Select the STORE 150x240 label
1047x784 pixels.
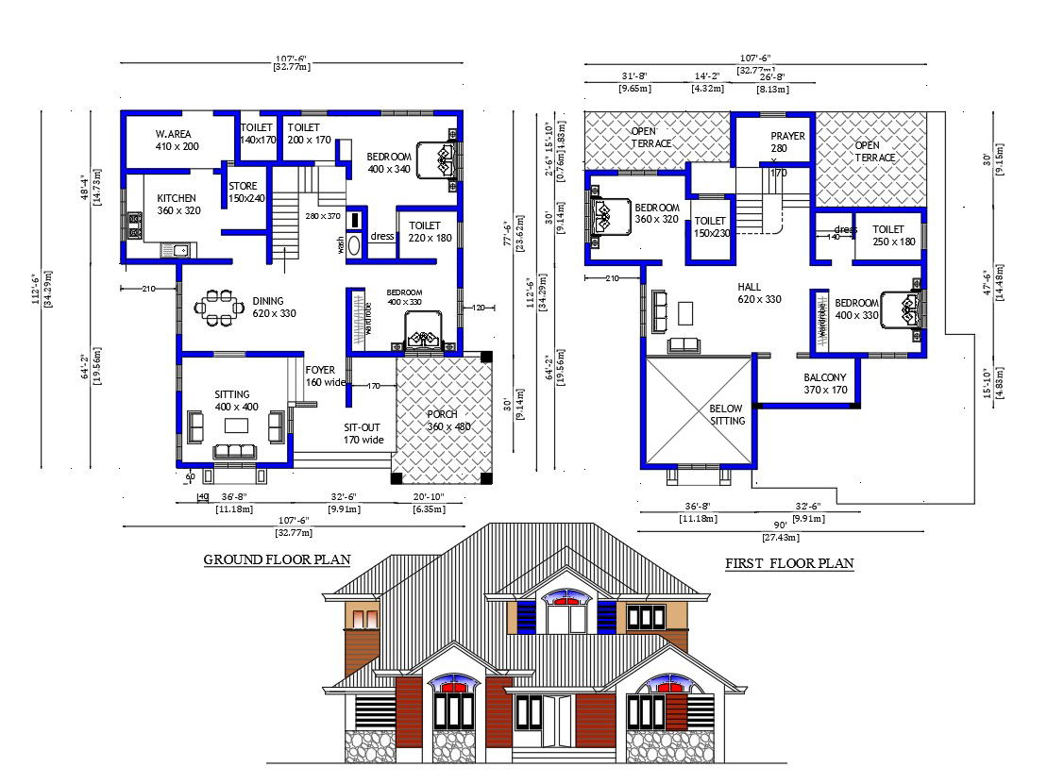point(246,192)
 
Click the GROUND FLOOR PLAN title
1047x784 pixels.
point(277,559)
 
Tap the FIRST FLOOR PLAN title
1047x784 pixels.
point(789,563)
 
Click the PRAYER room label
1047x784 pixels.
point(787,136)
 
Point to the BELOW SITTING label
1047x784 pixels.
point(727,414)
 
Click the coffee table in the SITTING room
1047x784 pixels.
point(236,425)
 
